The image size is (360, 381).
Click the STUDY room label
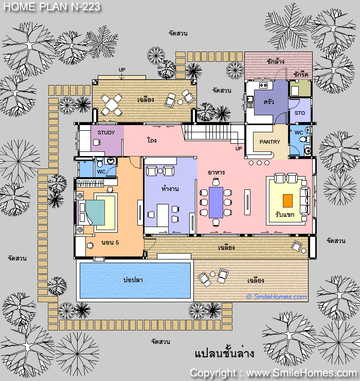pyautogui.click(x=106, y=133)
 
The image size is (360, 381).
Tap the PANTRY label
pyautogui.click(x=269, y=142)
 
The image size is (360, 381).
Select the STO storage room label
pyautogui.click(x=300, y=113)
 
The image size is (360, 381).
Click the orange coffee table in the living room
pyautogui.click(x=287, y=201)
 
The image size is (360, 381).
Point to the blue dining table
pyautogui.click(x=216, y=202)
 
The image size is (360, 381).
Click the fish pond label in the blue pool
pyautogui.click(x=133, y=280)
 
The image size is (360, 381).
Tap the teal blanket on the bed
pyautogui.click(x=96, y=212)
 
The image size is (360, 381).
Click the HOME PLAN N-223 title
pyautogui.click(x=52, y=7)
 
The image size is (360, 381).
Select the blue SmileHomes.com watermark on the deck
pyautogui.click(x=277, y=297)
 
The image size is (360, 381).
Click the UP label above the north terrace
pyautogui.click(x=122, y=70)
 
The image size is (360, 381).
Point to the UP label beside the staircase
pyautogui.click(x=239, y=148)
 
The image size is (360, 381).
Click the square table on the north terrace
pyautogui.click(x=112, y=105)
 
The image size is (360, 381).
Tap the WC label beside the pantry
pyautogui.click(x=299, y=133)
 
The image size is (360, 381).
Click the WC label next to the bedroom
pyautogui.click(x=101, y=172)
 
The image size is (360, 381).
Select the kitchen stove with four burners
pyautogui.click(x=263, y=85)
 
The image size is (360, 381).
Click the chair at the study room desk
pyautogui.click(x=97, y=142)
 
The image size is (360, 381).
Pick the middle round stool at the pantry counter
pyautogui.click(x=259, y=163)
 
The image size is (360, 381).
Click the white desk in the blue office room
pyautogui.click(x=163, y=215)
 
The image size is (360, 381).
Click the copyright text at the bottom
pyautogui.click(x=273, y=373)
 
